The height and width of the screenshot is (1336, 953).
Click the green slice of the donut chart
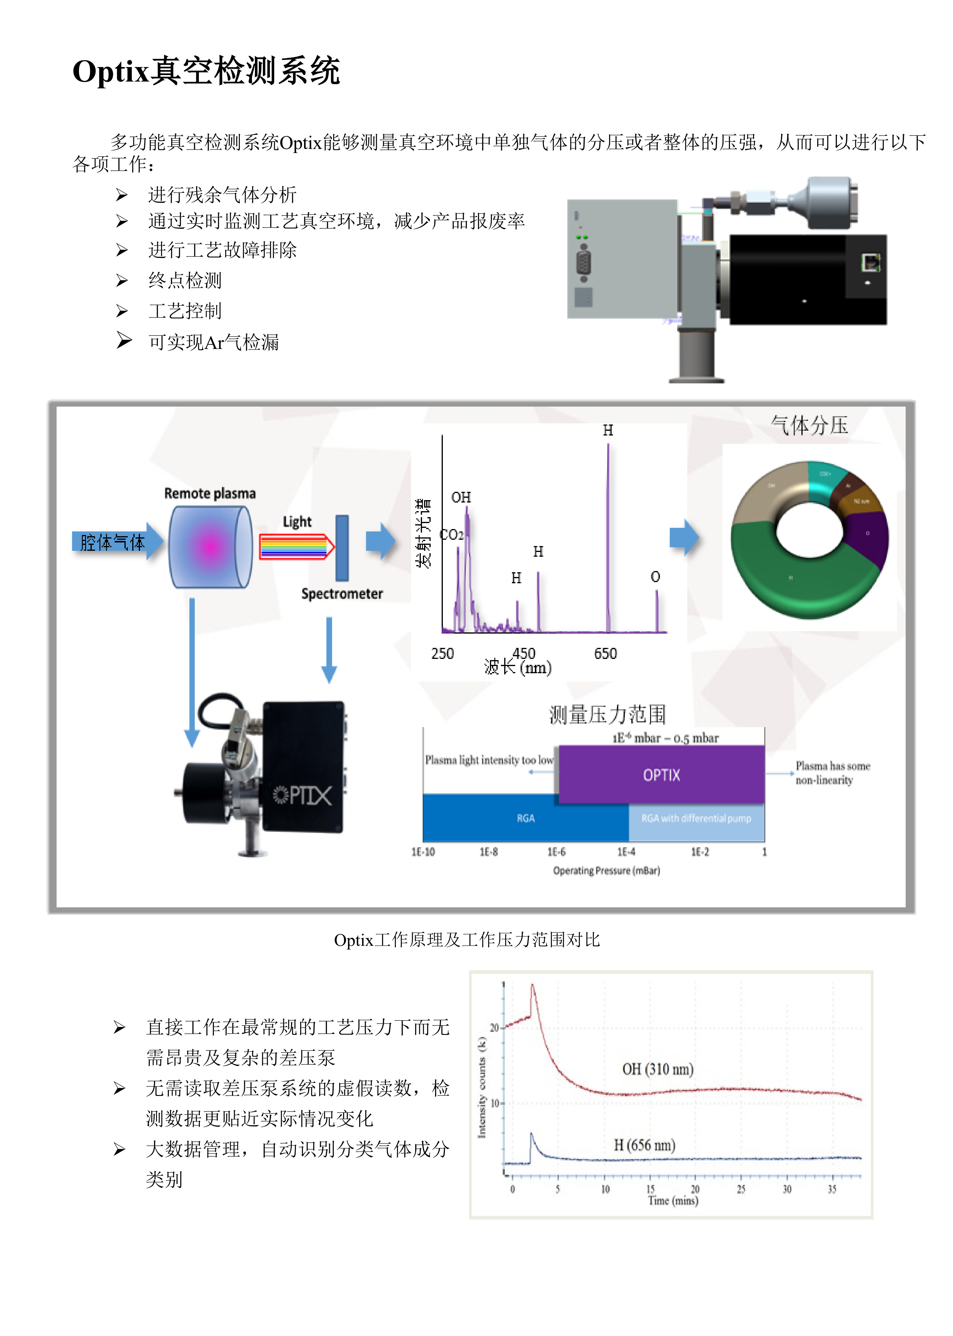click(798, 578)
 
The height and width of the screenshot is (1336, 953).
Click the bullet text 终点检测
click(185, 281)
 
